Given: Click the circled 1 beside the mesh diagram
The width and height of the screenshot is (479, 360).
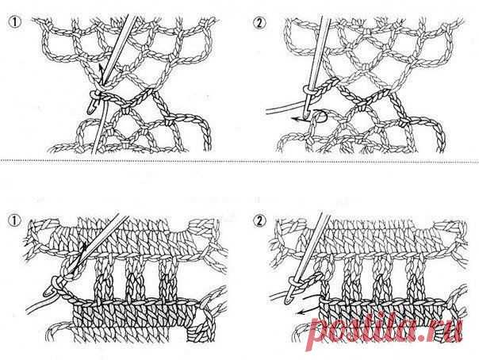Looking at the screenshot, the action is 14,23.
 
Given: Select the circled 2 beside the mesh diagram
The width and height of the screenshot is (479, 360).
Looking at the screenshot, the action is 259,23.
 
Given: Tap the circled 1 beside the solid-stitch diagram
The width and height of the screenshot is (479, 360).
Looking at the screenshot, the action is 14,220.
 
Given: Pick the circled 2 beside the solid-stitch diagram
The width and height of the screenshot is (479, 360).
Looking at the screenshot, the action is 259,221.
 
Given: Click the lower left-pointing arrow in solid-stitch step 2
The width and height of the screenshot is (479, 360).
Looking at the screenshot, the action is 308,311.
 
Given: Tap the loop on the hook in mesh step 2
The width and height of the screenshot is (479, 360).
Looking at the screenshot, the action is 307,91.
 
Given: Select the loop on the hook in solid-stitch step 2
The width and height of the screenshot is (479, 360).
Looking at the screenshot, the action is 293,280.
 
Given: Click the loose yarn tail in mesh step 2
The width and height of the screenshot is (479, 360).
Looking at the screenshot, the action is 284,108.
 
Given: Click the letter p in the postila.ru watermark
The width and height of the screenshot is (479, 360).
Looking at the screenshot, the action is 320,334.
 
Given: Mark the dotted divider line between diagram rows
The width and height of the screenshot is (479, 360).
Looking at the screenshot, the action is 239,161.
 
